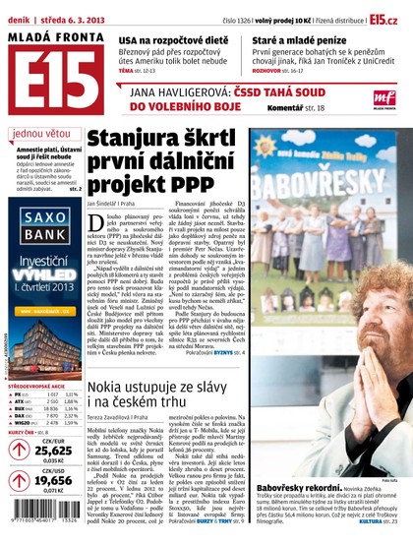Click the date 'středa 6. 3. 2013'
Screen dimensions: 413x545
coord(76,19)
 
